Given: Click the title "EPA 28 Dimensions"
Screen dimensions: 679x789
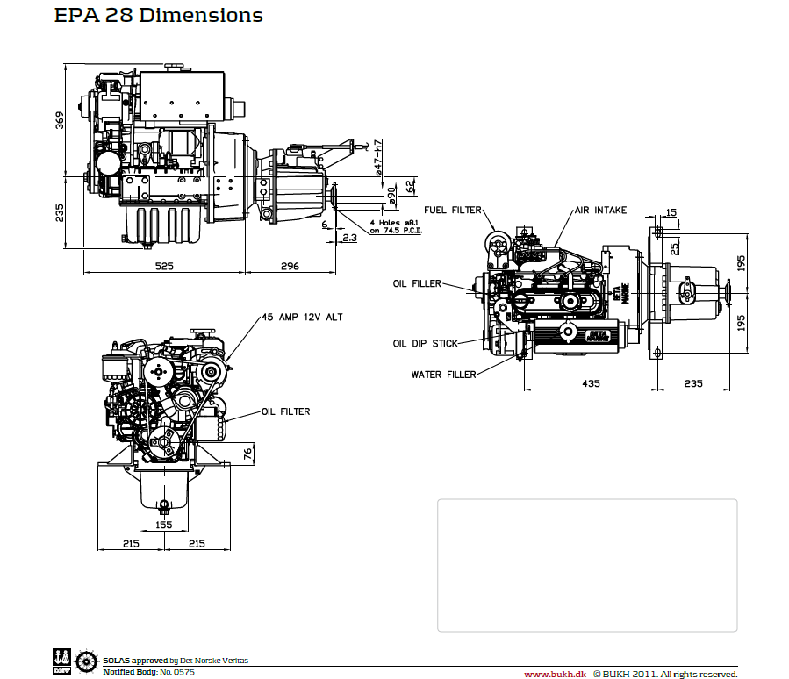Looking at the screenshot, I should (158, 16).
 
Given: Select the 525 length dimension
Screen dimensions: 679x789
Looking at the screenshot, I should (164, 266).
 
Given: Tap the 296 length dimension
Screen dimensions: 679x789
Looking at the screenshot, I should (290, 266).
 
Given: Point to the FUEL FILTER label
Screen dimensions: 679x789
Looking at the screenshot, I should (453, 211).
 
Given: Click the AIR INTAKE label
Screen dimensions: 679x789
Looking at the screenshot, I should (600, 211).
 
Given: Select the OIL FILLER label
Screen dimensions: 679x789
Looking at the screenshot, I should (417, 283).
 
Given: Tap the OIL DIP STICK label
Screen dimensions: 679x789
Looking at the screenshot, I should (425, 344).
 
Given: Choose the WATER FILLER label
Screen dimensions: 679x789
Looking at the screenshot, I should (443, 375).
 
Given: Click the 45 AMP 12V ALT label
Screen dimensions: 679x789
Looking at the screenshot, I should (301, 317).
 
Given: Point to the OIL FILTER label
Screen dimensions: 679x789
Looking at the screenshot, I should (285, 411).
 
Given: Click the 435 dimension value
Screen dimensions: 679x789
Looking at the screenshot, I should (590, 382).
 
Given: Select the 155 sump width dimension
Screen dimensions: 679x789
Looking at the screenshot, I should (163, 525).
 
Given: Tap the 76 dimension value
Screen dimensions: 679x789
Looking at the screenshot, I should (247, 453).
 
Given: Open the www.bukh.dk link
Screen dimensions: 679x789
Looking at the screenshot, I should (554, 674).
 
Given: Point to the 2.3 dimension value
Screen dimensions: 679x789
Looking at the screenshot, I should (349, 238).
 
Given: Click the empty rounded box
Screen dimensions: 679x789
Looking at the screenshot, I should (587, 565).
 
